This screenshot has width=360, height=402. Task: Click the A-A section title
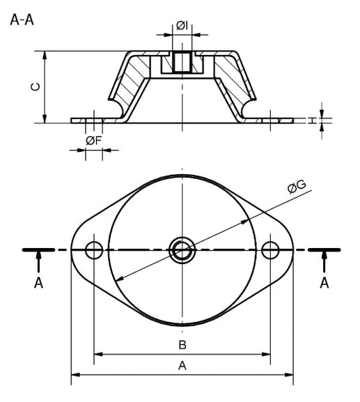[22, 19]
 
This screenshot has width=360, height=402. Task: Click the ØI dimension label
[181, 26]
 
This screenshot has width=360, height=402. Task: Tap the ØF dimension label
[93, 141]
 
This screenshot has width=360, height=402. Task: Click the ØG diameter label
[296, 187]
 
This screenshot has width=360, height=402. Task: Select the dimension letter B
[182, 345]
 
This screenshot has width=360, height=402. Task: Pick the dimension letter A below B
[182, 366]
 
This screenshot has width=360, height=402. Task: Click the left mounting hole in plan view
[93, 249]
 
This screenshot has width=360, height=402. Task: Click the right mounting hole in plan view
[270, 249]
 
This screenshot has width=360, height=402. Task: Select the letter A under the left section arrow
[39, 283]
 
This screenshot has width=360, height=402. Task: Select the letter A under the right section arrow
[324, 283]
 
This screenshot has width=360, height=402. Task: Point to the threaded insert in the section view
[182, 63]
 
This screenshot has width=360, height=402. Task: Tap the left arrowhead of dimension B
[98, 355]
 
